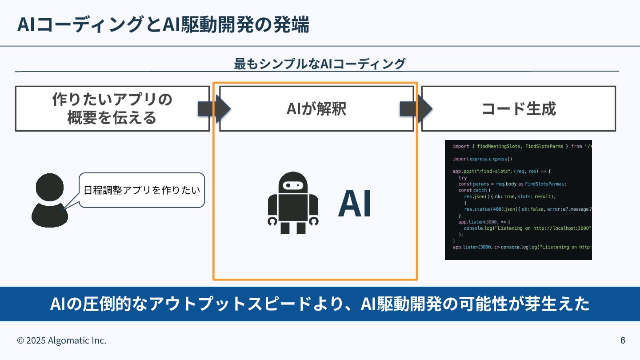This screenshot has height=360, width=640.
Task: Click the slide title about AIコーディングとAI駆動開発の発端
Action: (x=163, y=25)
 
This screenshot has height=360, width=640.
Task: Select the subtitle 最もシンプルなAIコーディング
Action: (x=320, y=64)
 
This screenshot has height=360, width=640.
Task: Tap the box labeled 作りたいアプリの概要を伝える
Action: (x=112, y=108)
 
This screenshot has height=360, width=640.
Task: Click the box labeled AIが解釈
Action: (x=316, y=108)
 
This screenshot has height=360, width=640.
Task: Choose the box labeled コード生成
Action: (x=519, y=108)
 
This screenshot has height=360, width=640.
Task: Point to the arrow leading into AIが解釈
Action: (x=214, y=108)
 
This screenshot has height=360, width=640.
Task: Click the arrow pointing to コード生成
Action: (x=416, y=108)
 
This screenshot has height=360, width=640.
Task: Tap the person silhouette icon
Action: (x=50, y=200)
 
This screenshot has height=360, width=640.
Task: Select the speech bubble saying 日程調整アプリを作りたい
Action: (x=142, y=190)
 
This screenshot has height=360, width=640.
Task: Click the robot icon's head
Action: (x=293, y=182)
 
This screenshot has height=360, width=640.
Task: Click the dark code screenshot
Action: (x=518, y=200)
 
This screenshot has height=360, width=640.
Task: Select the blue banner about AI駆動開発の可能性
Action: (x=320, y=304)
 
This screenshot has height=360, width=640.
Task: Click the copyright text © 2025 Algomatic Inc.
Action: (x=62, y=340)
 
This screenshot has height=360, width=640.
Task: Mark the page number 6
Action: (x=623, y=340)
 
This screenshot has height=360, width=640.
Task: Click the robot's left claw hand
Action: (x=272, y=221)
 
